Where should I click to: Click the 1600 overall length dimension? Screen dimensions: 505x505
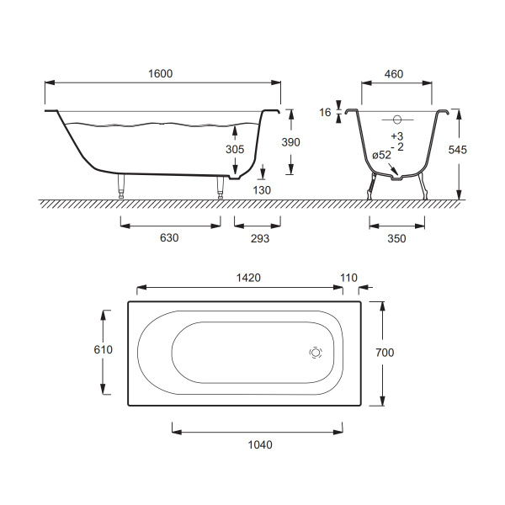pyautogui.click(x=161, y=74)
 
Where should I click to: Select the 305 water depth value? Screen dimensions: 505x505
pyautogui.click(x=235, y=149)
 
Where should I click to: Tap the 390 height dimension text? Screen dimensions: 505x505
pyautogui.click(x=291, y=142)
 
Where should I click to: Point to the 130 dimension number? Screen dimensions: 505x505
pyautogui.click(x=262, y=190)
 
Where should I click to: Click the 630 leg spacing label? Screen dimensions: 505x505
pyautogui.click(x=169, y=238)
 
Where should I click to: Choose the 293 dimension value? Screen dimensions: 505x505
pyautogui.click(x=260, y=238)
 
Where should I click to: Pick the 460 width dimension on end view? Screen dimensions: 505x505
pyautogui.click(x=394, y=74)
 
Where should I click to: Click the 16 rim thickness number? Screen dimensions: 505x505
pyautogui.click(x=325, y=113)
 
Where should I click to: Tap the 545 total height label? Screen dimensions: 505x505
pyautogui.click(x=457, y=150)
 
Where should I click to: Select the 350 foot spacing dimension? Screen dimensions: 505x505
pyautogui.click(x=396, y=239)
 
